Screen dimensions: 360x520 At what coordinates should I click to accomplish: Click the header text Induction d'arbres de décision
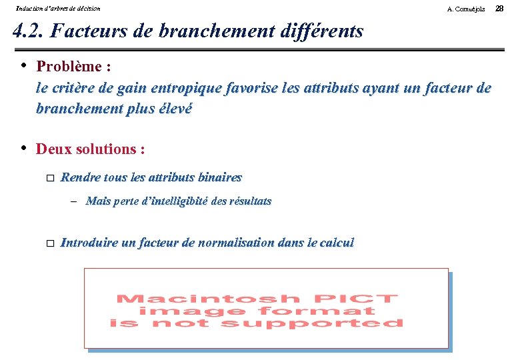(x=58, y=9)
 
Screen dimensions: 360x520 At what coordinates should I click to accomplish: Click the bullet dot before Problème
(x=23, y=65)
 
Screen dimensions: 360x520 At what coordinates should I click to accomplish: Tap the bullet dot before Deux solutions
(x=23, y=148)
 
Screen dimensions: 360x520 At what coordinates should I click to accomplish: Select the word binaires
(x=218, y=177)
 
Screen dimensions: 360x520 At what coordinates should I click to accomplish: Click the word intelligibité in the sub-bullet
(x=173, y=201)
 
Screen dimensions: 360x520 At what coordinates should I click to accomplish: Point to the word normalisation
(x=231, y=243)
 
